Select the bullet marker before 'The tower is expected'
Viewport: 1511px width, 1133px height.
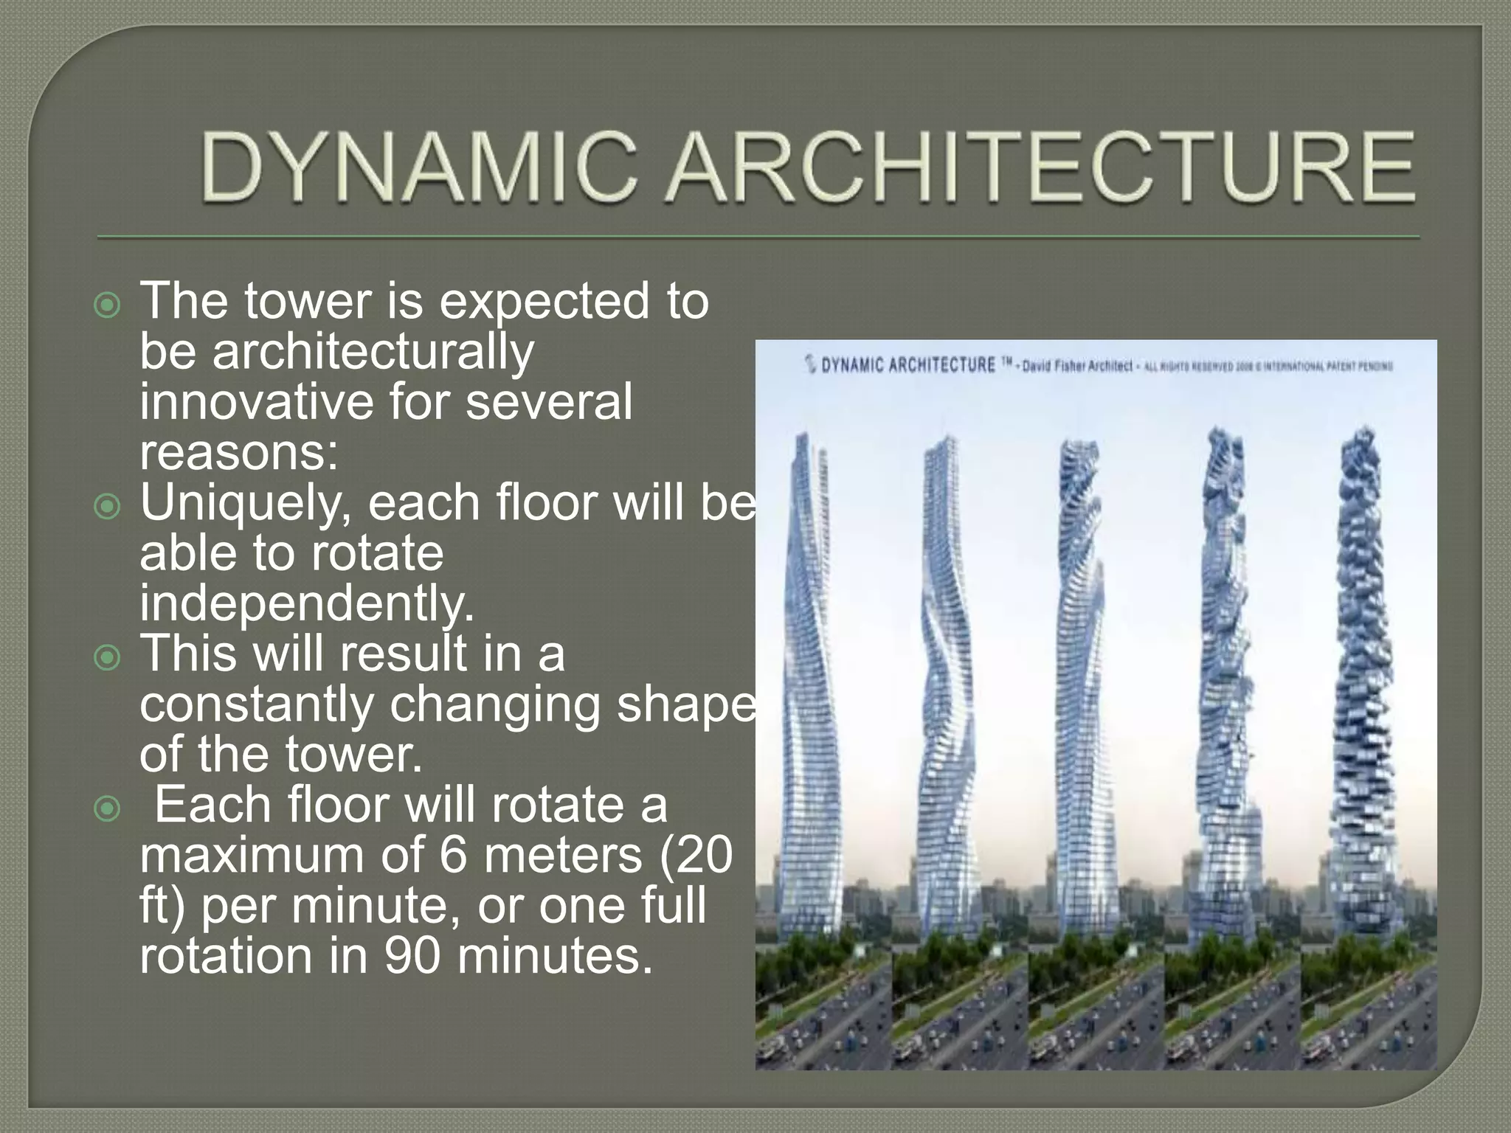click(x=108, y=305)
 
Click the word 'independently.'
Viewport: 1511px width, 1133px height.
click(x=306, y=604)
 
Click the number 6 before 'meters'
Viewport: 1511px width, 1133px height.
click(x=452, y=856)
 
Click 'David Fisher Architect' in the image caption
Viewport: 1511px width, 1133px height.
click(x=1076, y=366)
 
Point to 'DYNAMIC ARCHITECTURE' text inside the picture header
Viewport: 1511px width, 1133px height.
click(x=908, y=365)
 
